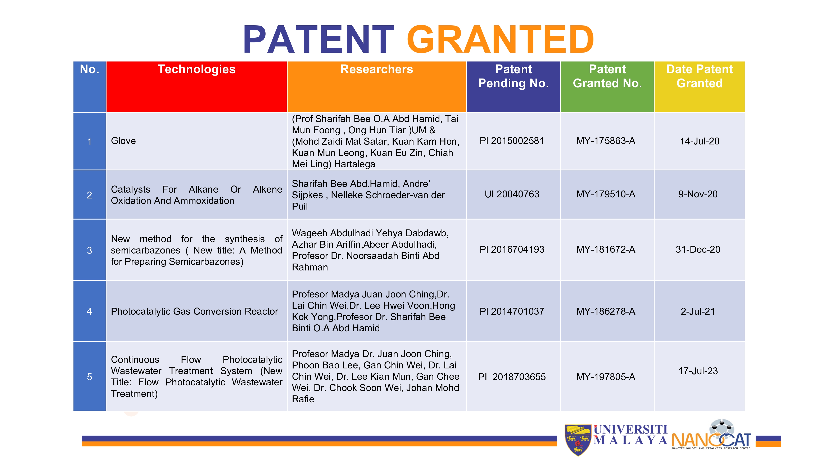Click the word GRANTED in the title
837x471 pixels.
[x=500, y=39]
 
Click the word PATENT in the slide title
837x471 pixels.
[x=319, y=39]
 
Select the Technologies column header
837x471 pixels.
[x=196, y=69]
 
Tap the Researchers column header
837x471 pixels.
[x=377, y=69]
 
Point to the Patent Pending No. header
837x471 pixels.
[x=513, y=76]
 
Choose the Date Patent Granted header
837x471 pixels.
[x=700, y=76]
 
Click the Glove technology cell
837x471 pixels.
[x=123, y=141]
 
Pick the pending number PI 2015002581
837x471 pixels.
[x=512, y=141]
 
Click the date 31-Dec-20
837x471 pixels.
[x=698, y=249]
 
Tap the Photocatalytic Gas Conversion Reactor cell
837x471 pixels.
[x=194, y=311]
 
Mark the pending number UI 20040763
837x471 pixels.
[x=512, y=194]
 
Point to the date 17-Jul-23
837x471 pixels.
[x=698, y=371]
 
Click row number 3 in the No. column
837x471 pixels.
[x=89, y=250]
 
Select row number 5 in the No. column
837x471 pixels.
[x=89, y=377]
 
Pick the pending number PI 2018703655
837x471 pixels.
[x=512, y=377]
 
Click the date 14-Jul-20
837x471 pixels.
[x=700, y=141]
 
